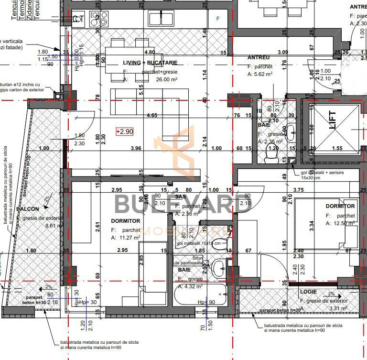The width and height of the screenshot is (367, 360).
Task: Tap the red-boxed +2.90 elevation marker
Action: coord(125,131)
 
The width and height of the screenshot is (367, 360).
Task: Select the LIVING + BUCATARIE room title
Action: coord(150,63)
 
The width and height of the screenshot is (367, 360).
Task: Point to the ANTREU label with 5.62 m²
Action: coord(259,57)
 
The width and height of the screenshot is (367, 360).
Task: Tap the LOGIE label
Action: coord(309,291)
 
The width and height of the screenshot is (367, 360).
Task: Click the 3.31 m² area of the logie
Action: coord(339,308)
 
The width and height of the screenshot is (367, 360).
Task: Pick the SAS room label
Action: coord(180,196)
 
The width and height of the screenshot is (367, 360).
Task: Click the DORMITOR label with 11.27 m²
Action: coord(125,221)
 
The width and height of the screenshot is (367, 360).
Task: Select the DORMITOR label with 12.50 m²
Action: coord(340,206)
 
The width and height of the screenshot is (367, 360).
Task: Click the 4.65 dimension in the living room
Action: coord(152,115)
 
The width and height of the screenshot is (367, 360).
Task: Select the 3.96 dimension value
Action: coord(136,148)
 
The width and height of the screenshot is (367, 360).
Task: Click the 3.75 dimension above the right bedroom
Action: coord(299,190)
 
